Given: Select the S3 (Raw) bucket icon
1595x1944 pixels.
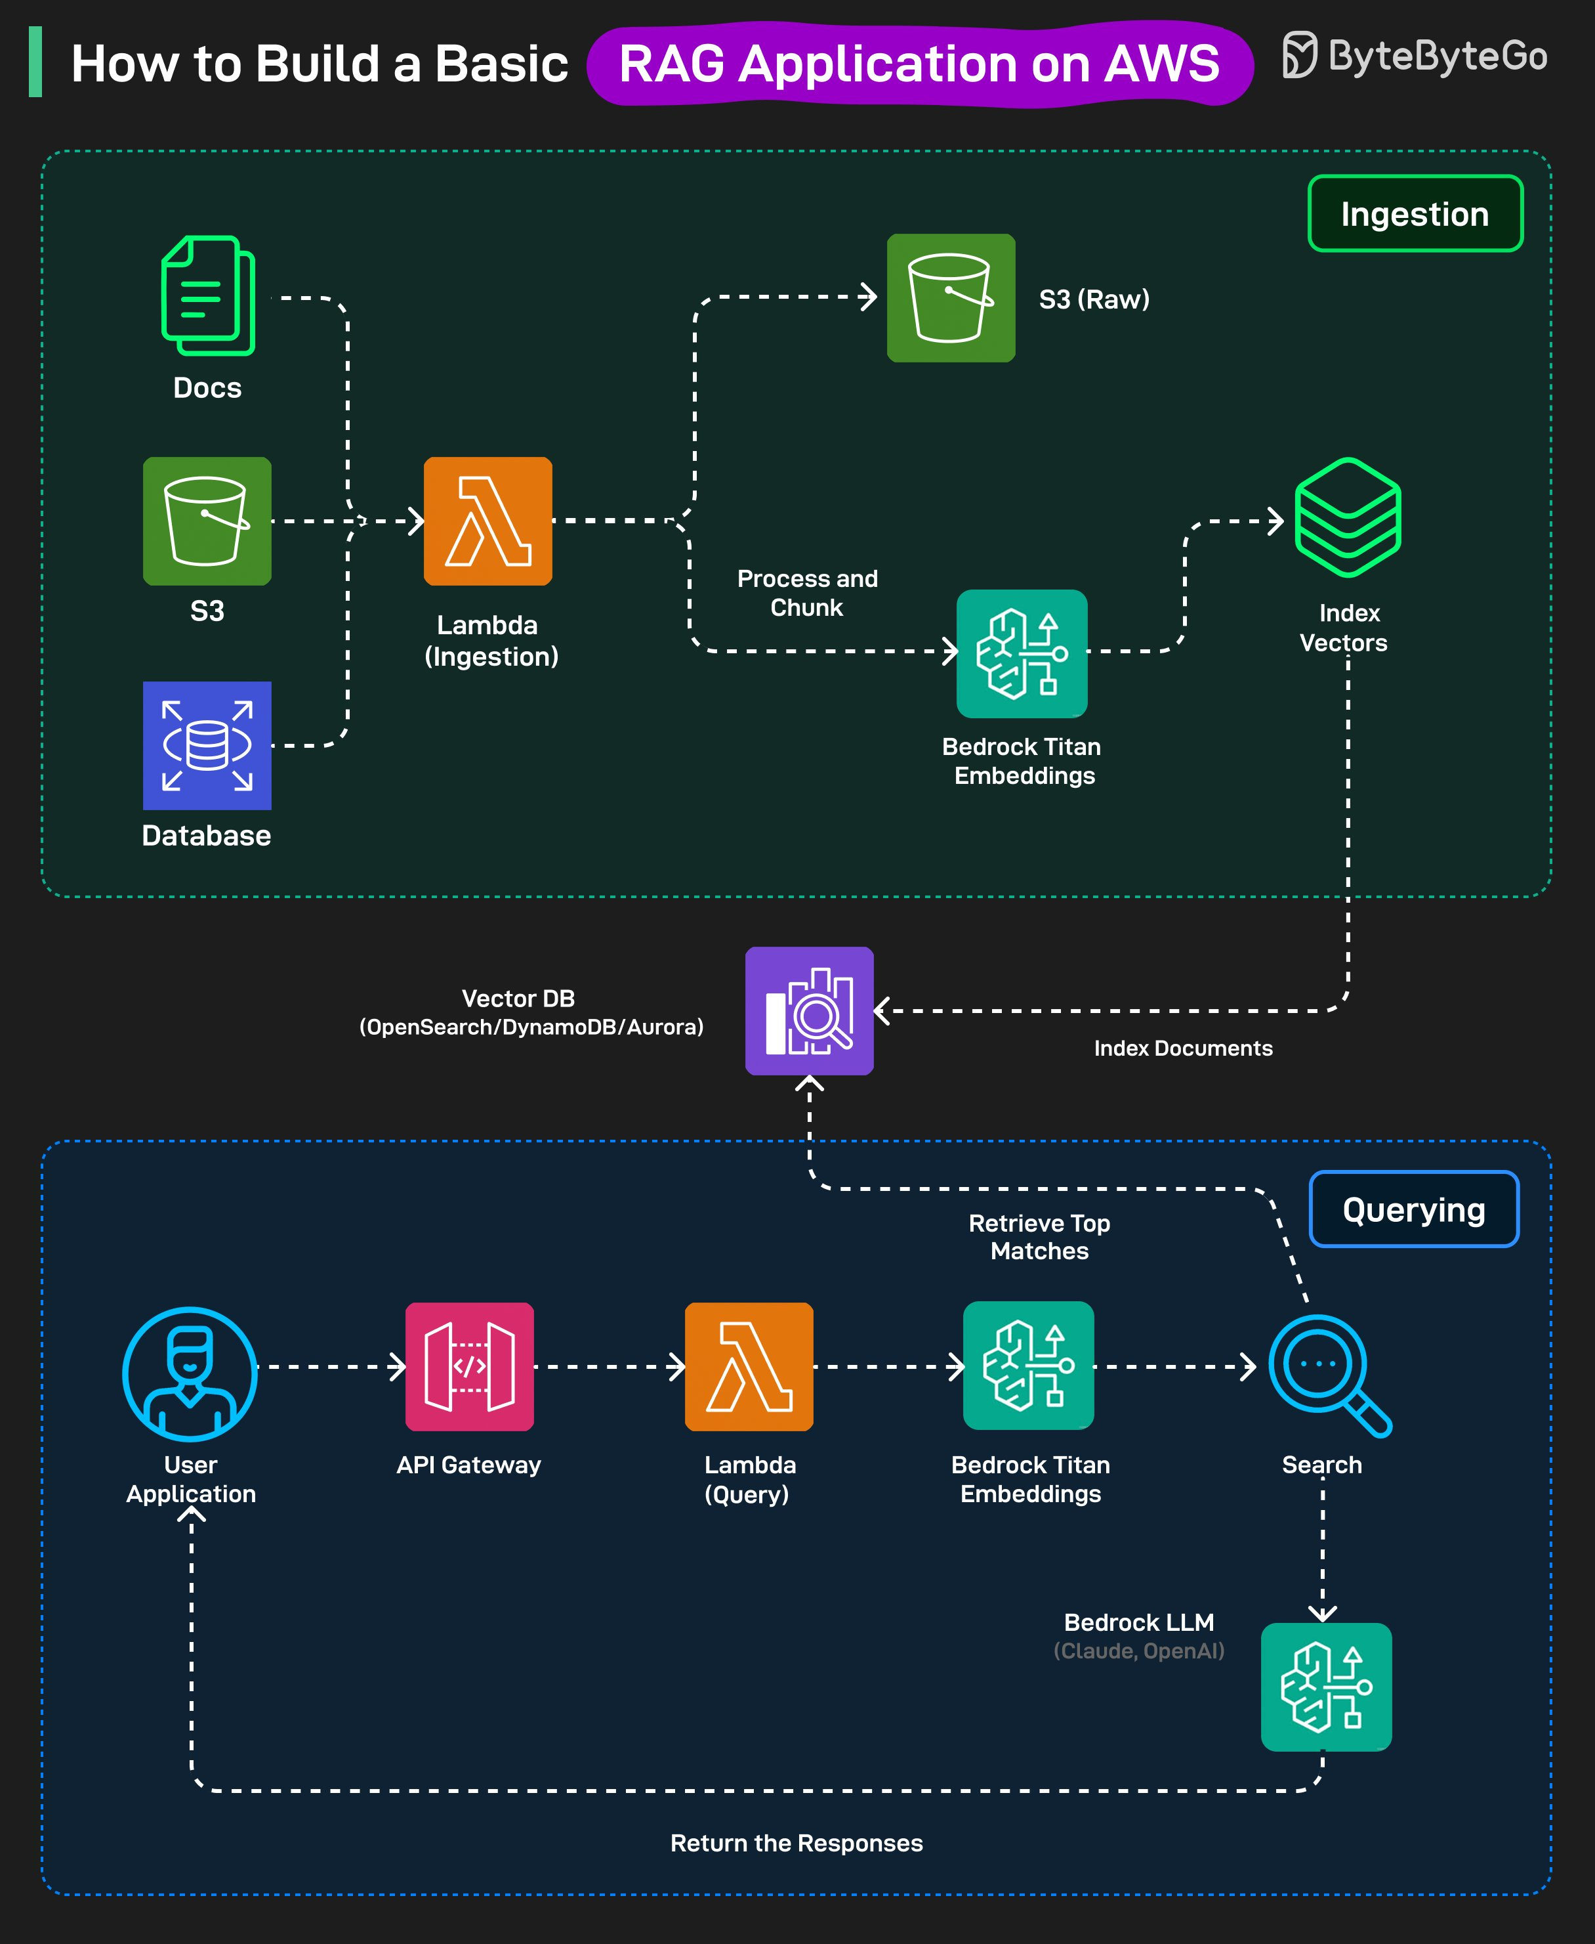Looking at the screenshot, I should [x=951, y=298].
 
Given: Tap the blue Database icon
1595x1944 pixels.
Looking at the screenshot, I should [x=207, y=745].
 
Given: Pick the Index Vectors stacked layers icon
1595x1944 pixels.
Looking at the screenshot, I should [x=1347, y=517].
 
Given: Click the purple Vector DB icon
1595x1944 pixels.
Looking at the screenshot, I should [x=808, y=1010].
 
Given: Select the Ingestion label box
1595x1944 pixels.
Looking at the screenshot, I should [x=1415, y=213].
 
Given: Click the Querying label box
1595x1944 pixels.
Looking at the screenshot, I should [x=1413, y=1209].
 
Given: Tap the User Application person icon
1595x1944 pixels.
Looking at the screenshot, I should [x=190, y=1373].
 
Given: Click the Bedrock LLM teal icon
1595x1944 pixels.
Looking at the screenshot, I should [x=1326, y=1686].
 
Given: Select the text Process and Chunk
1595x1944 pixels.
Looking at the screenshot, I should [x=807, y=593].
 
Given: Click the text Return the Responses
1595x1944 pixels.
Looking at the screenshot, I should [x=796, y=1843].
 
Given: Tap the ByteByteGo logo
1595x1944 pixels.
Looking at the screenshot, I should [x=1415, y=56].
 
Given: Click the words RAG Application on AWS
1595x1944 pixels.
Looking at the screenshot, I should [x=919, y=64].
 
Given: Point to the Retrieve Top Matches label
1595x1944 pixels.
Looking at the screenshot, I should [x=1039, y=1236].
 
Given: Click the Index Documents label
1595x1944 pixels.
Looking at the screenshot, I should [x=1182, y=1048].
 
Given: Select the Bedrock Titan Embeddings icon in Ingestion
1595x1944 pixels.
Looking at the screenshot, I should [x=1022, y=653].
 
